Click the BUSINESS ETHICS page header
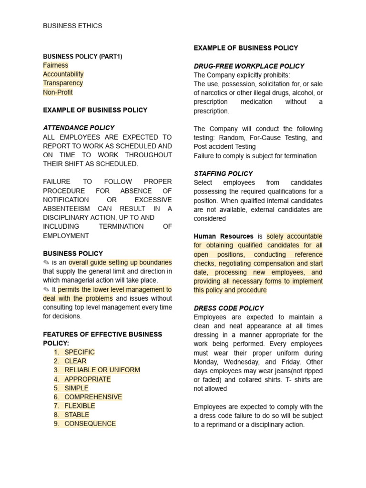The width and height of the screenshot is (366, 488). pyautogui.click(x=72, y=26)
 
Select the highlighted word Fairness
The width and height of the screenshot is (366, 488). pyautogui.click(x=56, y=65)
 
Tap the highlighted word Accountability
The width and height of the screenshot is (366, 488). pyautogui.click(x=63, y=74)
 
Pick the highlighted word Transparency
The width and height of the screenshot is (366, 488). pyautogui.click(x=63, y=83)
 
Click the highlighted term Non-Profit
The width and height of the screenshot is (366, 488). pyautogui.click(x=58, y=92)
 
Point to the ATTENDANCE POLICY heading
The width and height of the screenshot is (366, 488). pyautogui.click(x=79, y=128)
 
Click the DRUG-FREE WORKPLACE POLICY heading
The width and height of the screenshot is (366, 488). pyautogui.click(x=249, y=66)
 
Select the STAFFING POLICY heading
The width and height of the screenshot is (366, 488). pyautogui.click(x=223, y=173)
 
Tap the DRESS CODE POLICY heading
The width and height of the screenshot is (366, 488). pyautogui.click(x=228, y=308)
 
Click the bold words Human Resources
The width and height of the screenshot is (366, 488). pyautogui.click(x=224, y=236)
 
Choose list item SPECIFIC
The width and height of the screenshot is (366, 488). pyautogui.click(x=80, y=352)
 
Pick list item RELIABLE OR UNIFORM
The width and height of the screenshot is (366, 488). pyautogui.click(x=102, y=370)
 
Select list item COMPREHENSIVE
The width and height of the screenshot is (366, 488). pyautogui.click(x=93, y=397)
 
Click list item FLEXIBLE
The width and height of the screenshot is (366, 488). pyautogui.click(x=80, y=406)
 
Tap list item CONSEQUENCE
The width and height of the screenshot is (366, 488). pyautogui.click(x=90, y=424)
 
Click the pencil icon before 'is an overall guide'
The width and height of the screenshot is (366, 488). pyautogui.click(x=46, y=263)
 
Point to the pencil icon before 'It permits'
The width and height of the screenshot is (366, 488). pyautogui.click(x=46, y=290)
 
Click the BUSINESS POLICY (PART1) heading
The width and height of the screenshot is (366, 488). pyautogui.click(x=82, y=56)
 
